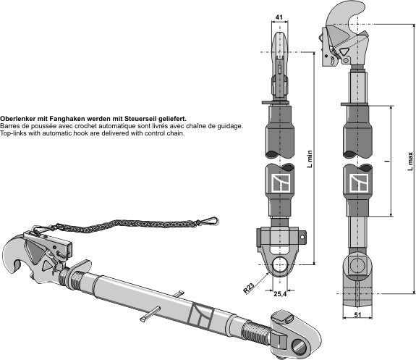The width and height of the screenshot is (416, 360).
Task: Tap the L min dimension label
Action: [x=310, y=159]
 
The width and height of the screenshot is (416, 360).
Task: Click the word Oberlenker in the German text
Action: [x=17, y=118]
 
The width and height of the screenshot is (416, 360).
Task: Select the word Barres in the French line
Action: [x=10, y=126]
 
